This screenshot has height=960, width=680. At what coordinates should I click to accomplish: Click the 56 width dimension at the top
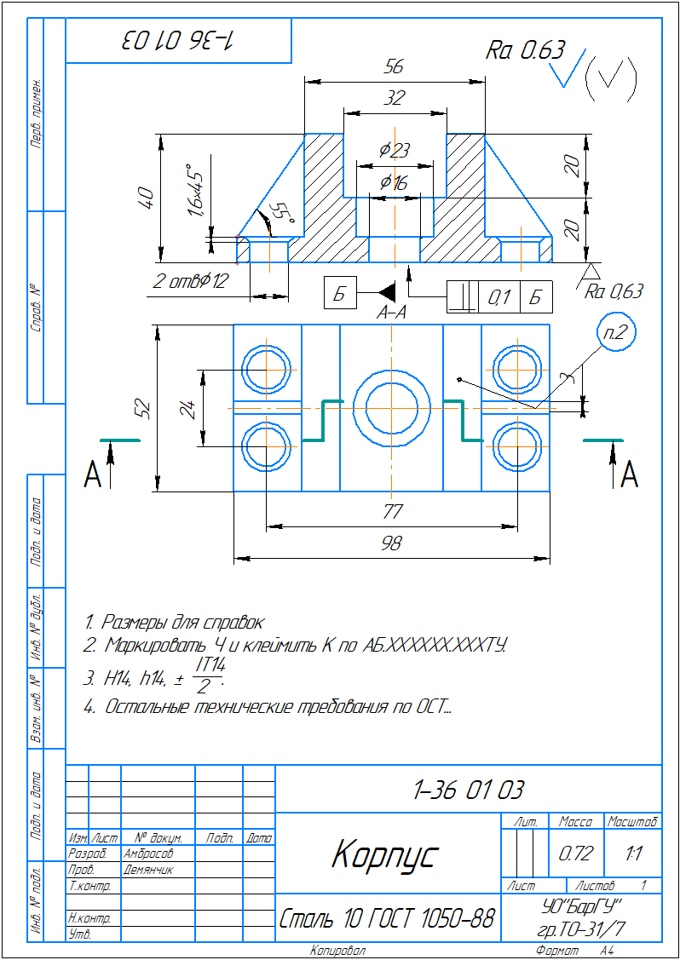(394, 67)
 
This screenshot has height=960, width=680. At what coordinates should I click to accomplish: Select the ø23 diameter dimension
(395, 150)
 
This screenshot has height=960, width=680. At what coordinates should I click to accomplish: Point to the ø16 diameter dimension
(394, 182)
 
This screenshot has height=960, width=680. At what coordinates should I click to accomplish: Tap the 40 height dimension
(146, 198)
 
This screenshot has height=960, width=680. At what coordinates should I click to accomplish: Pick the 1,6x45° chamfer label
(197, 191)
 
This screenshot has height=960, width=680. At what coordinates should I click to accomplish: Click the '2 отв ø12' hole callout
(192, 282)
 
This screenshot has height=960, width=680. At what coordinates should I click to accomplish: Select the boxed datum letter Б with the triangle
(339, 295)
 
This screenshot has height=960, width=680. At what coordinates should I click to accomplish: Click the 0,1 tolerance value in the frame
(498, 297)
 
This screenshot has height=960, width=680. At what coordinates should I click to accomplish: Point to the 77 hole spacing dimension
(392, 512)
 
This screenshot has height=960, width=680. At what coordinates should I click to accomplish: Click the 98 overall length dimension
(392, 543)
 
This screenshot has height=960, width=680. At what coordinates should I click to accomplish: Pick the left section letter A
(93, 474)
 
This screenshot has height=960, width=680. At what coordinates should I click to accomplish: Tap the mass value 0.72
(575, 853)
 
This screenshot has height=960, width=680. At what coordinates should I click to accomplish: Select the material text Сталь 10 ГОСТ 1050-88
(387, 919)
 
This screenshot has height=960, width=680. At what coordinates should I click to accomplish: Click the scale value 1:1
(633, 853)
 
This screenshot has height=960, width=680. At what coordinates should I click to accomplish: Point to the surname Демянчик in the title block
(148, 870)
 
